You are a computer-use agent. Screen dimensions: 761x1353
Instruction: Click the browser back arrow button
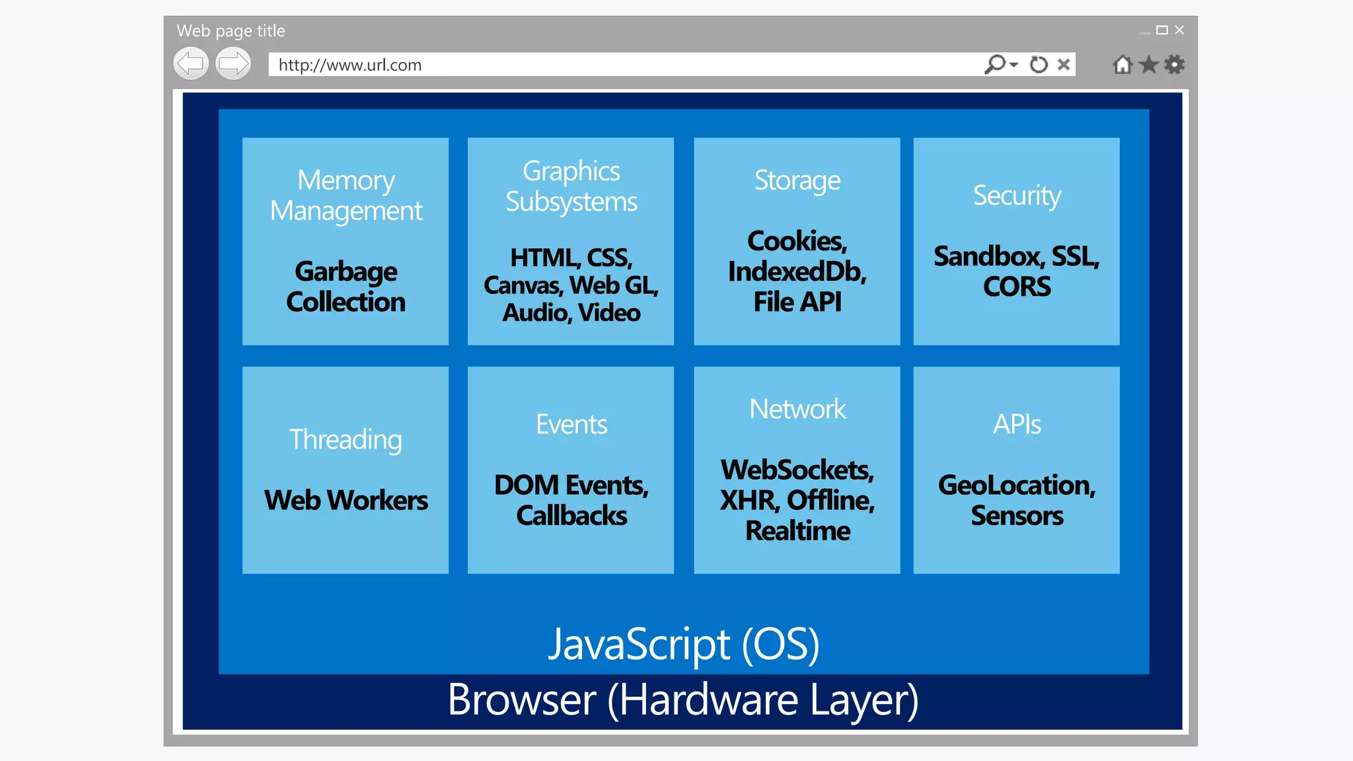(191, 64)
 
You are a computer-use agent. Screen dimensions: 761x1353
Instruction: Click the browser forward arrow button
(233, 64)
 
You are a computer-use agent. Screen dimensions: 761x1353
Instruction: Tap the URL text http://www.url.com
(349, 65)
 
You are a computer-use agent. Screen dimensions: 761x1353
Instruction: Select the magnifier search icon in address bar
(995, 64)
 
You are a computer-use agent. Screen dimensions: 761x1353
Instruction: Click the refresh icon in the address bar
(1039, 64)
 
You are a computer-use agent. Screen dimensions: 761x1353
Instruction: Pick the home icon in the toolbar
(1122, 65)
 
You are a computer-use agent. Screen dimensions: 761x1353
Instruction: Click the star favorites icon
(1149, 65)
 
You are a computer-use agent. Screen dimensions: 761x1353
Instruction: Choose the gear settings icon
(1175, 65)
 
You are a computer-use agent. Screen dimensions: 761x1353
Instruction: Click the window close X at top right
(1179, 30)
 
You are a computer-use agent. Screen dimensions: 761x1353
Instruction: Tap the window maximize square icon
(1162, 30)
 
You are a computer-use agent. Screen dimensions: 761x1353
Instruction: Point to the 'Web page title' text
(231, 30)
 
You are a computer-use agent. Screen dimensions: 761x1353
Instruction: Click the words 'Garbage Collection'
(346, 287)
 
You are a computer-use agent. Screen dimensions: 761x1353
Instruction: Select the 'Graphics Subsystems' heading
(571, 186)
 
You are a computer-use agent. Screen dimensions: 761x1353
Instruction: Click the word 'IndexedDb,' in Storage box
(797, 272)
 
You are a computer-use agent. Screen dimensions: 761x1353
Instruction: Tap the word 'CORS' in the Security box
(1016, 287)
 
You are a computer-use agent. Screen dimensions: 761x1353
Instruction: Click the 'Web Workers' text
(346, 500)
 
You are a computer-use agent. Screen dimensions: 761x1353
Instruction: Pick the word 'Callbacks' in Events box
(571, 516)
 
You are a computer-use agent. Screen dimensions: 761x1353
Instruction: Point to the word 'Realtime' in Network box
(797, 531)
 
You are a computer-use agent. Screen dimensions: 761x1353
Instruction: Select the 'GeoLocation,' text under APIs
(1016, 486)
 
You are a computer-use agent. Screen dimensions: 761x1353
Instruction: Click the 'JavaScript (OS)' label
(684, 644)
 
